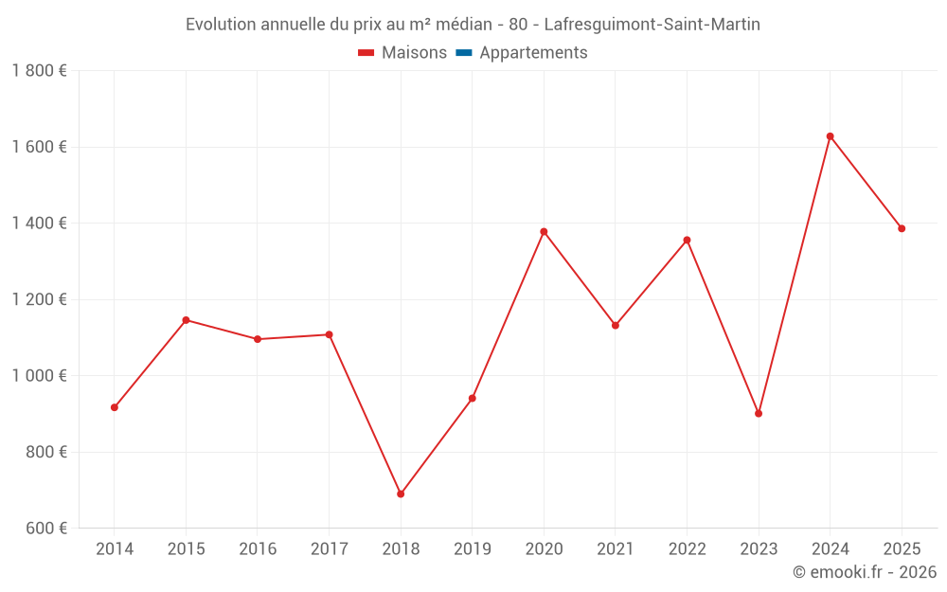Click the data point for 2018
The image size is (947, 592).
(401, 493)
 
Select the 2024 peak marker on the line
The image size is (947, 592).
(830, 136)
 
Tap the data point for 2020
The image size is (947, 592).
(544, 231)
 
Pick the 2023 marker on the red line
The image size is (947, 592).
(759, 413)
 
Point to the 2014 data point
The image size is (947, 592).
(115, 407)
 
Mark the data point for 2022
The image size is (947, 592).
(687, 240)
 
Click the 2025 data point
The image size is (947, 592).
(902, 228)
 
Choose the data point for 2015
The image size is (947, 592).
(186, 320)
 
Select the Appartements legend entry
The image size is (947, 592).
(533, 53)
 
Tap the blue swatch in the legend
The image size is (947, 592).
(464, 53)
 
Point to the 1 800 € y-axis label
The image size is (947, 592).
(39, 71)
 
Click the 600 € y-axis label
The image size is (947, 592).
(45, 529)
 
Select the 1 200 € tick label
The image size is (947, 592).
(39, 299)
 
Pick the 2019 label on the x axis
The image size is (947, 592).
(473, 549)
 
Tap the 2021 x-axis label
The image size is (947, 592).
(616, 549)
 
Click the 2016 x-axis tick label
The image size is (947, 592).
(258, 549)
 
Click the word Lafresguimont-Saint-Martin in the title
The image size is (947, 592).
(652, 25)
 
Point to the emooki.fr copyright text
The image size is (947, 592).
(865, 572)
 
